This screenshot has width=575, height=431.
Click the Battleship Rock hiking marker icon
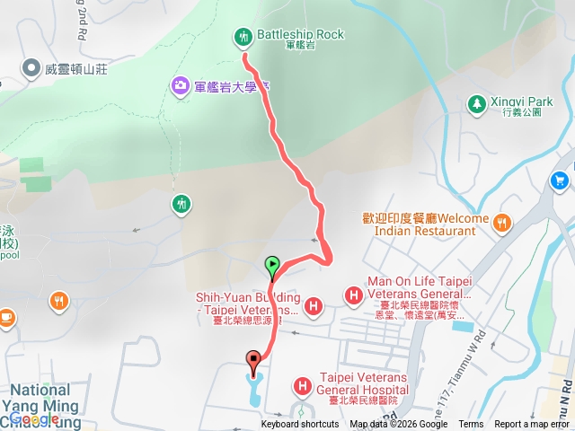point(243,37)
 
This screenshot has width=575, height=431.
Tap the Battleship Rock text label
point(300,35)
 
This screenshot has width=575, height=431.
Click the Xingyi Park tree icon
point(475,105)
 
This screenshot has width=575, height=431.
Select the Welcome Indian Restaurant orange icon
point(502,221)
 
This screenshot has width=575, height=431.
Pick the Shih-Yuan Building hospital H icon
point(314,306)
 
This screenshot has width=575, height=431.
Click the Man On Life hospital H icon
point(354,294)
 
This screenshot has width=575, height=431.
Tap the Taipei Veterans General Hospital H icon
point(302,386)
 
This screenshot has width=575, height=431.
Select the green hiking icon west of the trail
point(181,204)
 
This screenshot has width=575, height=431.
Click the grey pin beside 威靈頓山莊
point(31,67)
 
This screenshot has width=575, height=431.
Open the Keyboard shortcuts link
point(301,425)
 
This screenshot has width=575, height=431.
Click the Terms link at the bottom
point(471,425)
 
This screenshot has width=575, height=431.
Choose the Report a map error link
point(532,425)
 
